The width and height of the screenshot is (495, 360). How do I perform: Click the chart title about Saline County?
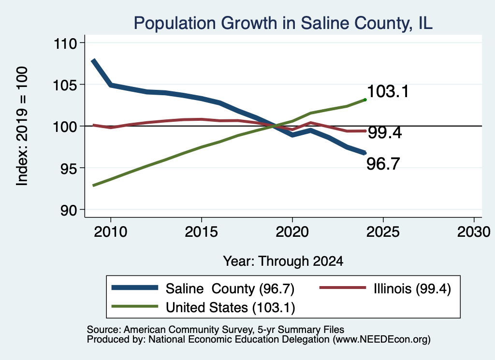[283, 23]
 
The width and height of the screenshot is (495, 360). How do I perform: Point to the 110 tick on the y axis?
[66, 43]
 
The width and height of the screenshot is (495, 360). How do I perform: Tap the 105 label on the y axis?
[66, 85]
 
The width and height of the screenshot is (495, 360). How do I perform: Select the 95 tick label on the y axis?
[69, 169]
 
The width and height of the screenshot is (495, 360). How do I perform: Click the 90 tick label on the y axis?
[69, 210]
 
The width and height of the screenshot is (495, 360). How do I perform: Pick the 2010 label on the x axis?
[111, 232]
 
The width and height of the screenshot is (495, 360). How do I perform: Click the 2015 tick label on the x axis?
[202, 232]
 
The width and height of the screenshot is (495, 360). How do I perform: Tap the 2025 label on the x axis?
[383, 232]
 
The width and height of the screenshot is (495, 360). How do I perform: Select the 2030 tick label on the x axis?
[474, 232]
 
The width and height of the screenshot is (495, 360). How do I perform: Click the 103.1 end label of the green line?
[388, 91]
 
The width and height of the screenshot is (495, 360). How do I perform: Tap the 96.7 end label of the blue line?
[383, 164]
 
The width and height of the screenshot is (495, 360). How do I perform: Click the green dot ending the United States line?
[365, 100]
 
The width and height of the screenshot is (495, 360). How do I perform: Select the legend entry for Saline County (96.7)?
[203, 288]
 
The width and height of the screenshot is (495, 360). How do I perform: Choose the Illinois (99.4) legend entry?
[385, 288]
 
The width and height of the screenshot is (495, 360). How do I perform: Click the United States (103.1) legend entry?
[204, 307]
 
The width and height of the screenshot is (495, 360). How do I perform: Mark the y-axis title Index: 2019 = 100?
[22, 126]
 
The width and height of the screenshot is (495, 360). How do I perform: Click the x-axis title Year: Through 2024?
[283, 261]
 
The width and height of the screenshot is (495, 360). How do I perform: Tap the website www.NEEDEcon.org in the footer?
[381, 340]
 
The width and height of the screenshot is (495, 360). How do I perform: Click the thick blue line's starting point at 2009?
[93, 60]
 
